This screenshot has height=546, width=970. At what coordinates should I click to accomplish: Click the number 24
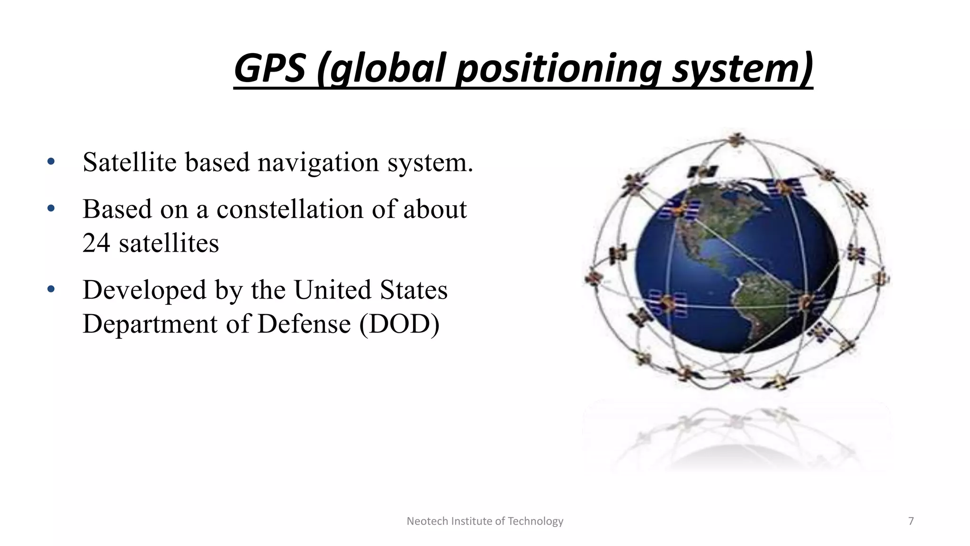pyautogui.click(x=96, y=243)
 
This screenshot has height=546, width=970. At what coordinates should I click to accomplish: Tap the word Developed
pyautogui.click(x=144, y=290)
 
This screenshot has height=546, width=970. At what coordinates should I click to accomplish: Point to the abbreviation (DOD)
pyautogui.click(x=399, y=324)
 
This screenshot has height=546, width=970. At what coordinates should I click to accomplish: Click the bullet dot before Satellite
pyautogui.click(x=51, y=162)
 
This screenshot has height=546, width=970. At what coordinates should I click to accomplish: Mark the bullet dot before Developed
pyautogui.click(x=51, y=289)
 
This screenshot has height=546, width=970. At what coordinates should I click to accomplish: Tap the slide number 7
pyautogui.click(x=910, y=521)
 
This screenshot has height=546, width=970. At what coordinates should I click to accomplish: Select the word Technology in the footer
pyautogui.click(x=535, y=521)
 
